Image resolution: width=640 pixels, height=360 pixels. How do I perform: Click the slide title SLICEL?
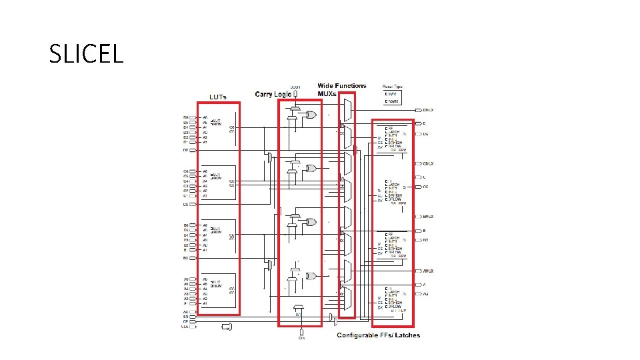pyautogui.click(x=86, y=53)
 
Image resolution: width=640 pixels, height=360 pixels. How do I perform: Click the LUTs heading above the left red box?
pyautogui.click(x=218, y=97)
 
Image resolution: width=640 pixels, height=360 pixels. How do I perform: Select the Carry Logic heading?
pyautogui.click(x=273, y=94)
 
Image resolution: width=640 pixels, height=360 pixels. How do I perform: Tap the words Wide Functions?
pyautogui.click(x=341, y=86)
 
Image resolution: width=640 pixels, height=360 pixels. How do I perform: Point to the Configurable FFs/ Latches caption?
pyautogui.click(x=378, y=335)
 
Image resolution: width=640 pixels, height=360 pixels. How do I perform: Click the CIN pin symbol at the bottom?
pyautogui.click(x=301, y=332)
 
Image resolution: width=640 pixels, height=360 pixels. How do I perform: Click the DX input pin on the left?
pyautogui.click(x=186, y=151)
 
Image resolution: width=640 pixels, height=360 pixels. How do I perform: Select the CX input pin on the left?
pyautogui.click(x=186, y=205)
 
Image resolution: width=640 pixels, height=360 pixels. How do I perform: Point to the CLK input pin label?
pyautogui.click(x=185, y=327)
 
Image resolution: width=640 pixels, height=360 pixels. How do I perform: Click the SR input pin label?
pyautogui.click(x=185, y=317)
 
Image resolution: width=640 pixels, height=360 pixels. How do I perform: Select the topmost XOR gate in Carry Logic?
pyautogui.click(x=310, y=115)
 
